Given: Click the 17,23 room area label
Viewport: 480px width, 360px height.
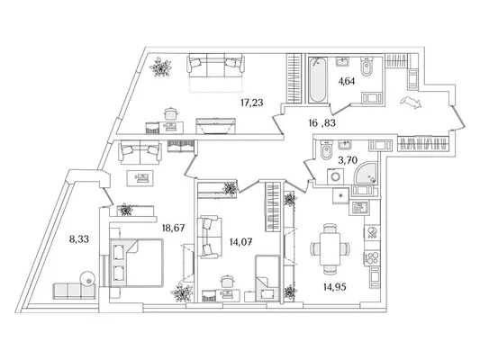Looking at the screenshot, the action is pyautogui.click(x=251, y=103).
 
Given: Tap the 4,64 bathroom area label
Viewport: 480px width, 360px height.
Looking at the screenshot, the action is pyautogui.click(x=347, y=81).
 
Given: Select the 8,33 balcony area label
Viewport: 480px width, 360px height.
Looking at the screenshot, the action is pyautogui.click(x=79, y=238).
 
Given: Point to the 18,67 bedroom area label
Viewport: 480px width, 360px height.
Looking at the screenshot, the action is pyautogui.click(x=173, y=228).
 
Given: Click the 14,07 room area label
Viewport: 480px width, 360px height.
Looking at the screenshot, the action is pyautogui.click(x=241, y=242).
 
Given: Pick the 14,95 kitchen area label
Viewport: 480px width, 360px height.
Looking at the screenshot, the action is pyautogui.click(x=335, y=287).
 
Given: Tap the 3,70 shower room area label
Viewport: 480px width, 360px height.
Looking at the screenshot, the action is pyautogui.click(x=348, y=160).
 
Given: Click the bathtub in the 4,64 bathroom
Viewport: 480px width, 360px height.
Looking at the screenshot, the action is pyautogui.click(x=318, y=79).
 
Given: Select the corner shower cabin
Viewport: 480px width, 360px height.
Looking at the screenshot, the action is pyautogui.click(x=365, y=173).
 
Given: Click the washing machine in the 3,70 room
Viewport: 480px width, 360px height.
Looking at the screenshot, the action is pyautogui.click(x=336, y=176).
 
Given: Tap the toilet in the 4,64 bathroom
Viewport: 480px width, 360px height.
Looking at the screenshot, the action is pyautogui.click(x=366, y=67).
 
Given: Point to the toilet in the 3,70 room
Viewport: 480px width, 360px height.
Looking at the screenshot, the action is pyautogui.click(x=326, y=150).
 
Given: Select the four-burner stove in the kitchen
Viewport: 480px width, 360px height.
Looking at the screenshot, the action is pyautogui.click(x=372, y=257).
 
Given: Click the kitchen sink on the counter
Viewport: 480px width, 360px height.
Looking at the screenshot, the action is pyautogui.click(x=359, y=209).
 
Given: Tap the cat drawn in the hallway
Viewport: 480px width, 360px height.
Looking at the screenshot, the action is pyautogui.click(x=411, y=103).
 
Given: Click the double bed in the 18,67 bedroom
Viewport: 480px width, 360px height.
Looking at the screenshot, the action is pyautogui.click(x=137, y=263).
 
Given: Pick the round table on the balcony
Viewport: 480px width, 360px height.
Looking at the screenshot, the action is pyautogui.click(x=88, y=279).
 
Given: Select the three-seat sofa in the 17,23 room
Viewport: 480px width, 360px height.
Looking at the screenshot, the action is pyautogui.click(x=216, y=65).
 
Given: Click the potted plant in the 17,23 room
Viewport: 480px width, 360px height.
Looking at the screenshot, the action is pyautogui.click(x=160, y=67).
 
